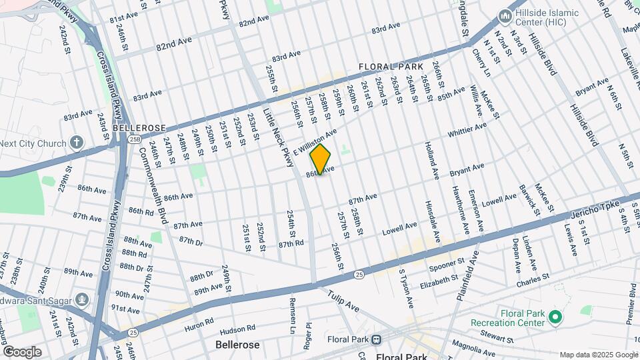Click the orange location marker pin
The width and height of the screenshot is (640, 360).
point(321,159)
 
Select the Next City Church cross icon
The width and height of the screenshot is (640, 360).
point(77,143)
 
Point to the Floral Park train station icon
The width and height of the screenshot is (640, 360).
point(377,339)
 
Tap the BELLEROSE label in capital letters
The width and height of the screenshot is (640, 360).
point(139,127)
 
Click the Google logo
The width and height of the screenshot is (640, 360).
point(22,352)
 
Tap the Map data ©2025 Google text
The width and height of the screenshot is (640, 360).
point(597,355)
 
